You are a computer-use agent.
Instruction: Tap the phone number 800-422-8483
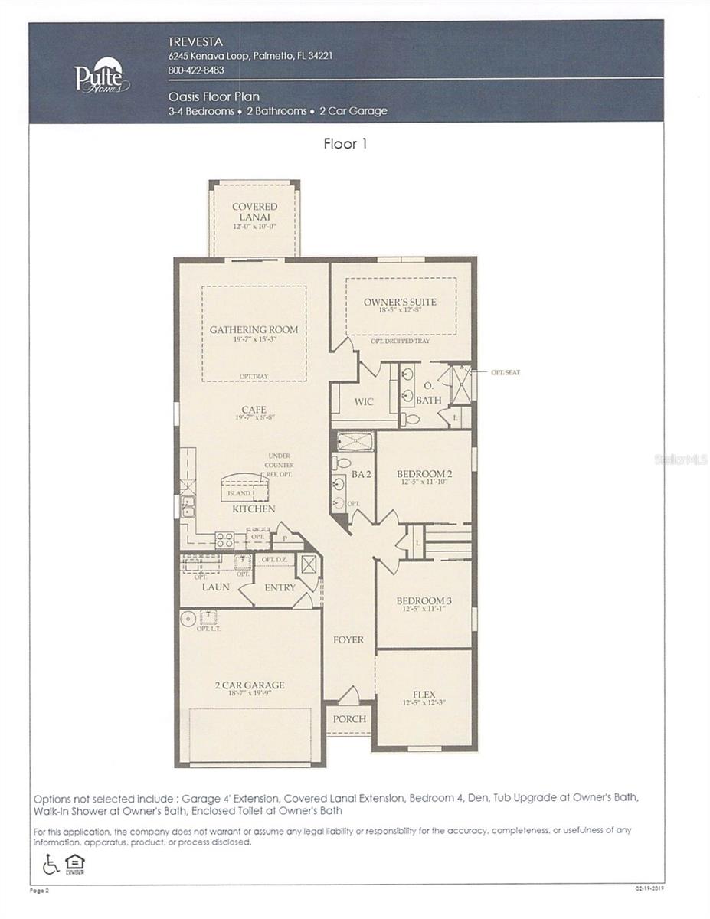coord(195,70)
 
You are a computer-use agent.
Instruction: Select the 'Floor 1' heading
coord(345,144)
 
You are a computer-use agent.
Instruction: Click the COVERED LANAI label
coord(255,211)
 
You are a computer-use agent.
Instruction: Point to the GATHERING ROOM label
coord(254,330)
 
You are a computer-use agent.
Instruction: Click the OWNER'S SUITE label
coord(400,302)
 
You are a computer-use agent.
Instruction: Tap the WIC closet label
coord(364,401)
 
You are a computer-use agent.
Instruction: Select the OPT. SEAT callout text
coord(506,372)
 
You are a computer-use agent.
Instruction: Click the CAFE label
coord(254,410)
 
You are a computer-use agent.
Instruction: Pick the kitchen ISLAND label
coord(239,493)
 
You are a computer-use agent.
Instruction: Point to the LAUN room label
coord(216,587)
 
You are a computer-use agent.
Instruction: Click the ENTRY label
coord(280,587)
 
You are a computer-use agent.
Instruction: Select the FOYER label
coord(348,639)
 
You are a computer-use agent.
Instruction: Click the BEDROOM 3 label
coord(424,600)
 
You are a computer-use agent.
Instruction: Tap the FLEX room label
coord(424,695)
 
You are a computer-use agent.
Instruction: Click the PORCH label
coord(349,719)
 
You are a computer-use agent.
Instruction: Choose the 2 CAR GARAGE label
coord(249,685)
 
